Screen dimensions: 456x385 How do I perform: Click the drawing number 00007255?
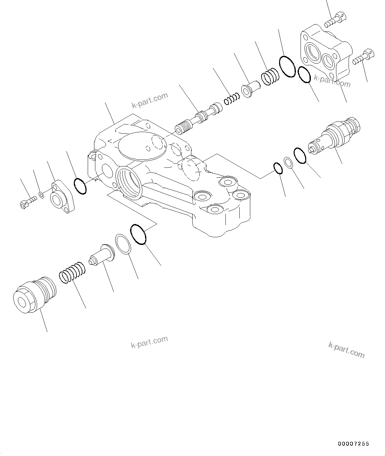[353, 444]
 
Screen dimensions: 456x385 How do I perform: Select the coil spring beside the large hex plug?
[73, 272]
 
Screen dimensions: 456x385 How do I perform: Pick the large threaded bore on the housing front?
[130, 181]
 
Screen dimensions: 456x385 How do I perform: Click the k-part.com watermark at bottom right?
[346, 350]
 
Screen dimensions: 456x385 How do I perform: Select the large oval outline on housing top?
[142, 147]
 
